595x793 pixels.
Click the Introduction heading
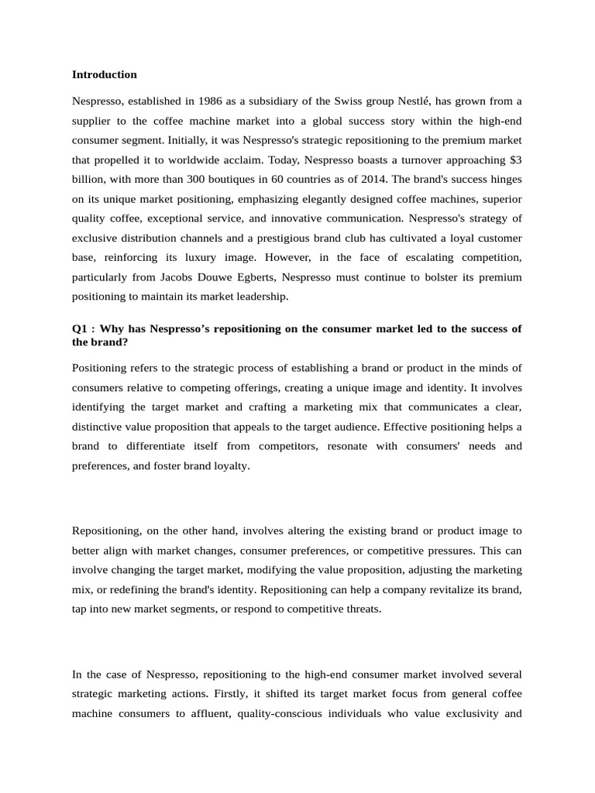[x=104, y=75]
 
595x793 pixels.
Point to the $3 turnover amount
[x=514, y=160]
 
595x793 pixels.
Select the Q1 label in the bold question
[x=80, y=328]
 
